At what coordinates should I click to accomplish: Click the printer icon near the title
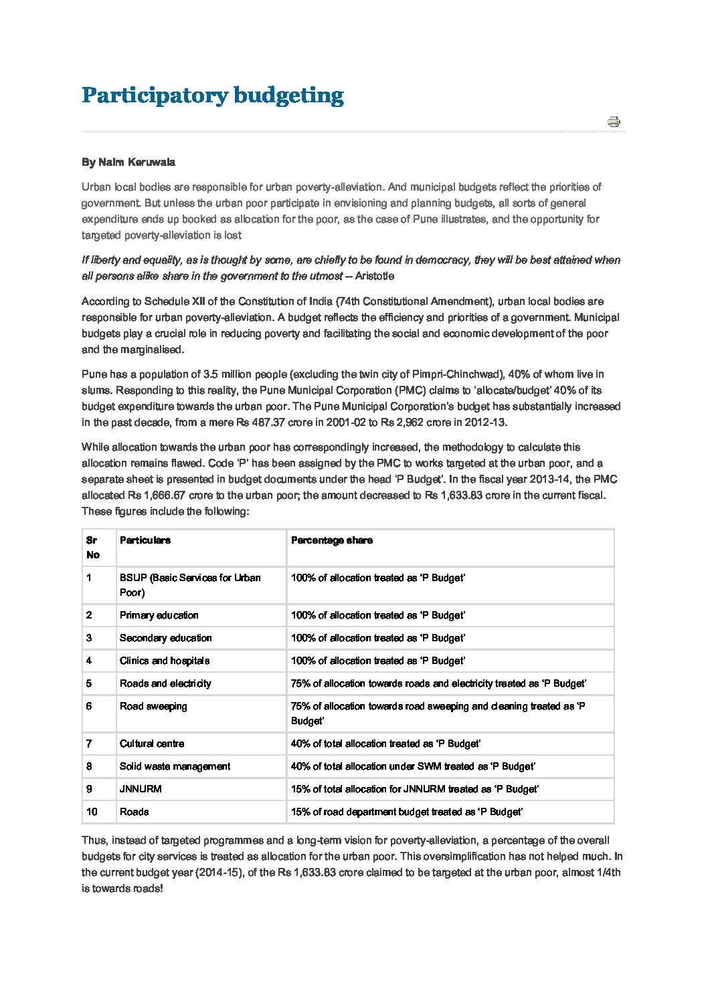(614, 122)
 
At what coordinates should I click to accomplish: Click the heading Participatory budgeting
(212, 95)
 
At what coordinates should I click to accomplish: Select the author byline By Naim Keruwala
(128, 162)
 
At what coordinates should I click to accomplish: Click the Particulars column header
(145, 540)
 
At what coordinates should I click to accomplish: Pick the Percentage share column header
(331, 540)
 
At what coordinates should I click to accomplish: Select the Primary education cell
(159, 615)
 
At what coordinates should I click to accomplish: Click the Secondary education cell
(165, 638)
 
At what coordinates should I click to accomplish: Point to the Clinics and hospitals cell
(165, 661)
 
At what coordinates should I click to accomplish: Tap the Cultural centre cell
(152, 744)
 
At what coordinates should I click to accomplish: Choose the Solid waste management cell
(175, 766)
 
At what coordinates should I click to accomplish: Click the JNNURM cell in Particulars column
(141, 789)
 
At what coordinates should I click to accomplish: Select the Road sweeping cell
(153, 706)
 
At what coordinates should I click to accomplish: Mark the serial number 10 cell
(92, 812)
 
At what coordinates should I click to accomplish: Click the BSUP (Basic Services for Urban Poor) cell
(190, 585)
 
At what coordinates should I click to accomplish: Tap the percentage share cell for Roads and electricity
(438, 683)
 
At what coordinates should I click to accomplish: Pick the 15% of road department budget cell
(407, 812)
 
